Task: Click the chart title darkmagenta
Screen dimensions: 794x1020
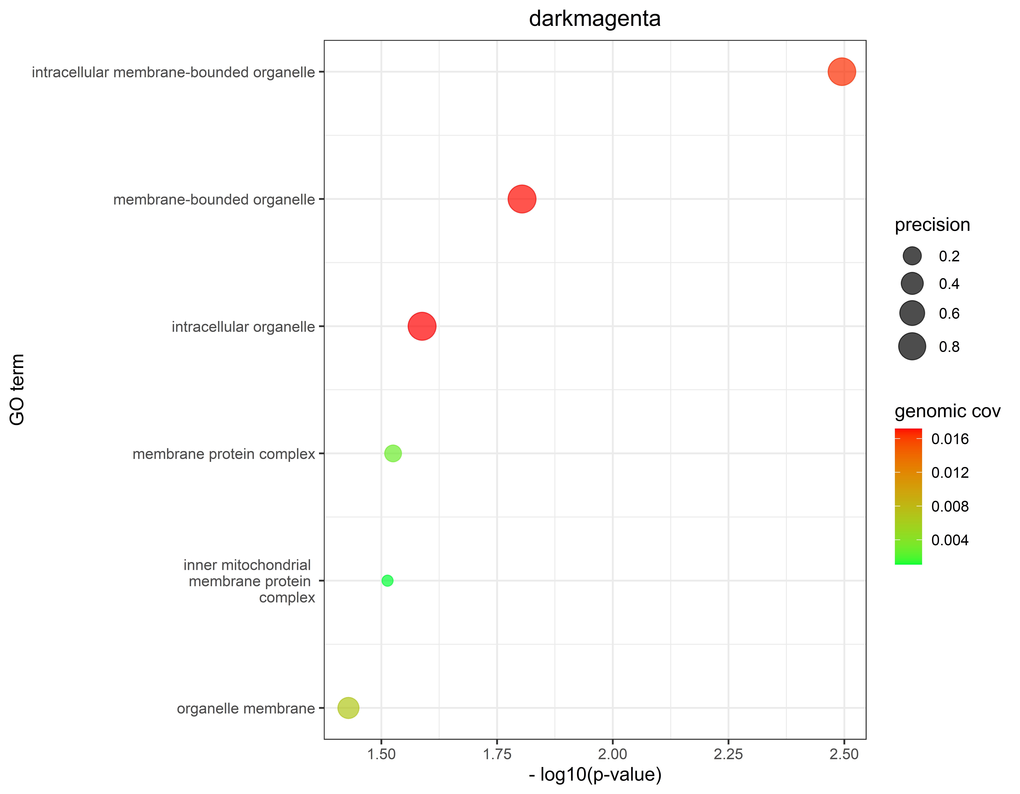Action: click(x=595, y=19)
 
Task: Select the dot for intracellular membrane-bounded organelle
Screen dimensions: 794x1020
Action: click(x=842, y=72)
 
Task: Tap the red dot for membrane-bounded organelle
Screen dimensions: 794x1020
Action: click(x=522, y=199)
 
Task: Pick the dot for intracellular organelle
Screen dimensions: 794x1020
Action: click(x=422, y=326)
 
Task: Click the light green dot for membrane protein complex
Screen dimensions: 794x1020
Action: click(x=393, y=453)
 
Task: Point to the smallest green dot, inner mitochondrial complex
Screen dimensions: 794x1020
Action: click(x=387, y=580)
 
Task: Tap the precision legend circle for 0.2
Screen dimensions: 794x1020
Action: click(x=912, y=256)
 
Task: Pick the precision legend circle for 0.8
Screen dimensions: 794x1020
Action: click(x=912, y=346)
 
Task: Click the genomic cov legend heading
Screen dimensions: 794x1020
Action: click(x=947, y=411)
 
